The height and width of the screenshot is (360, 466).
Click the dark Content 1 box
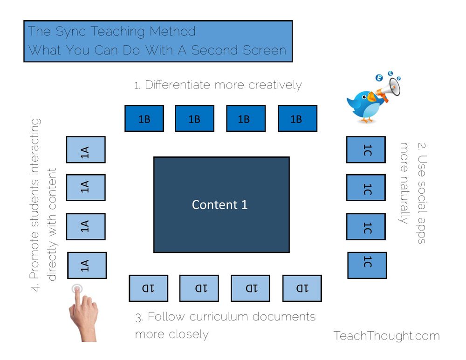coord(221,204)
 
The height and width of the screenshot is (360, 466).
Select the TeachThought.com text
coord(386,335)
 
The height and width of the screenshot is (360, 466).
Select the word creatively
coord(275,85)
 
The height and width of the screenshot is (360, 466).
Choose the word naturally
coord(404,196)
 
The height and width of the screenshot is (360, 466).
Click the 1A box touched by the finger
coord(87,265)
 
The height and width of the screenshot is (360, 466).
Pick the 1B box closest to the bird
coord(297,118)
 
